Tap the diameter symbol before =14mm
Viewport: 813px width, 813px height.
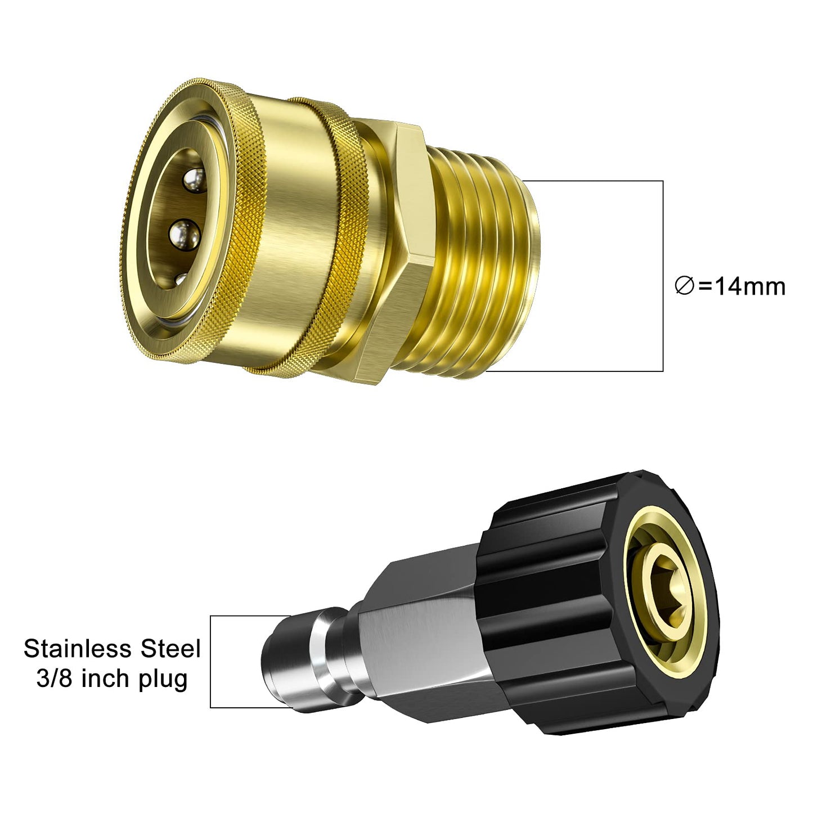tap(684, 287)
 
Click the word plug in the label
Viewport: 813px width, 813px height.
tap(163, 680)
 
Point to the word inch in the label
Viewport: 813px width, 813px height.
tap(107, 679)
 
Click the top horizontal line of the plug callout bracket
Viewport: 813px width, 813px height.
tap(248, 616)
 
